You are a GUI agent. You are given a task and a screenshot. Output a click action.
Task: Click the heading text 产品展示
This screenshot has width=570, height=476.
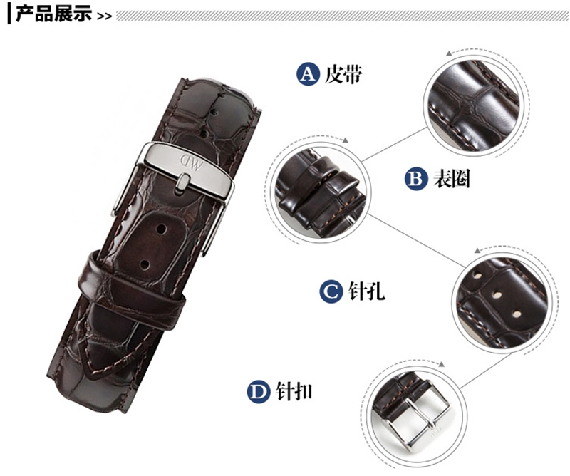(x=53, y=14)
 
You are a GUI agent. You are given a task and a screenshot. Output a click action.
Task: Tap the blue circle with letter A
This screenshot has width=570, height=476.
(x=308, y=74)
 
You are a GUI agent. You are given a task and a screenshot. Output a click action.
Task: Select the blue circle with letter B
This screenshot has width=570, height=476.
(x=416, y=179)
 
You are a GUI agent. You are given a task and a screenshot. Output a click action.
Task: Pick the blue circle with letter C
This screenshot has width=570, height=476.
(x=331, y=291)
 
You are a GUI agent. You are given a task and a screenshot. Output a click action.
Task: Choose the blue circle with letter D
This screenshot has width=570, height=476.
(x=259, y=392)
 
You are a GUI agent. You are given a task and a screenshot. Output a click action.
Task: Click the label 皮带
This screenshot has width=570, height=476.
(x=343, y=75)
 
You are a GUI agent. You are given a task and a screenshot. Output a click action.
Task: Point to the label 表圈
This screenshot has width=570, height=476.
(x=451, y=179)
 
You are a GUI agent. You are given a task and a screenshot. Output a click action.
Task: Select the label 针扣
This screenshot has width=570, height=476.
(x=294, y=392)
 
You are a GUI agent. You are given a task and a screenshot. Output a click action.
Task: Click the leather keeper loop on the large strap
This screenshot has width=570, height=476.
(x=132, y=291)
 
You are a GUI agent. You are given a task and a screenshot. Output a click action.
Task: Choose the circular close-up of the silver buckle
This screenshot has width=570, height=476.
(x=417, y=415)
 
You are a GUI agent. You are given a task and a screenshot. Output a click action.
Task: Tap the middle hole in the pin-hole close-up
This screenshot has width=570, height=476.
(x=497, y=294)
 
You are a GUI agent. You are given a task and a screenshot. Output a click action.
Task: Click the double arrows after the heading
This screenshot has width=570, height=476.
(x=104, y=16)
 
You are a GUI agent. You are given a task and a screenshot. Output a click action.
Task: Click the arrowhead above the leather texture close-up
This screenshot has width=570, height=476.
(x=449, y=53)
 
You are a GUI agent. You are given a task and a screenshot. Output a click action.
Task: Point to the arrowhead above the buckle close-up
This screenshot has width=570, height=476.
(x=441, y=364)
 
